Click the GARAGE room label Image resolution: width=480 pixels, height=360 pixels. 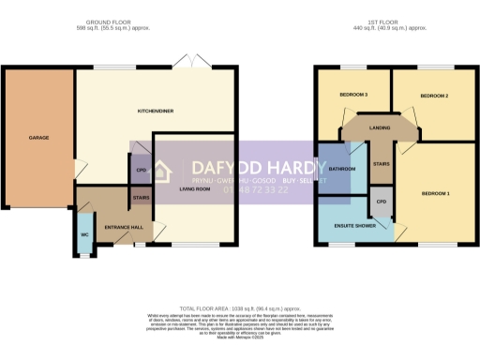pyautogui.click(x=38, y=138)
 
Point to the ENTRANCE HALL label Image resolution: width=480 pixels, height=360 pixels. pyautogui.click(x=124, y=228)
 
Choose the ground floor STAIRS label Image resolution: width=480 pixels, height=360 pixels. pyautogui.click(x=142, y=198)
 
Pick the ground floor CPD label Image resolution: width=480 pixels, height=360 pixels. pyautogui.click(x=142, y=170)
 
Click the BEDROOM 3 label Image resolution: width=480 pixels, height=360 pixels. pyautogui.click(x=352, y=96)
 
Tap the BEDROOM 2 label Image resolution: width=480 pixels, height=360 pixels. pyautogui.click(x=434, y=96)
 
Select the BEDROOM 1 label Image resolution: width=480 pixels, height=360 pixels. pyautogui.click(x=436, y=194)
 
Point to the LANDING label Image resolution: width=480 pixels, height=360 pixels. pyautogui.click(x=380, y=128)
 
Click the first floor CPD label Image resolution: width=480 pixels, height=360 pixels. pyautogui.click(x=382, y=202)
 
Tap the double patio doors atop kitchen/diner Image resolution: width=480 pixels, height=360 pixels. pyautogui.click(x=198, y=63)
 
